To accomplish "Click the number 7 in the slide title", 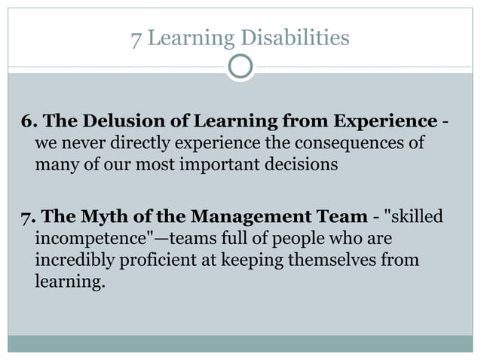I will [x=136, y=37].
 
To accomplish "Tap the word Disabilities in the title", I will [x=301, y=37].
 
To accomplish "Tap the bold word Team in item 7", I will [x=345, y=218].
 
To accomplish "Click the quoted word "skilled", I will [x=413, y=218].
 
